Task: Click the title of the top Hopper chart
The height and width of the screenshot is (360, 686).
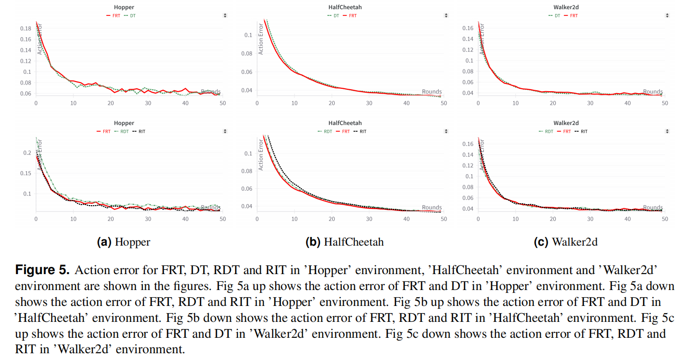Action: coord(124,7)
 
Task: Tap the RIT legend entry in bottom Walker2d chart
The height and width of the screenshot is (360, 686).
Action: coord(584,131)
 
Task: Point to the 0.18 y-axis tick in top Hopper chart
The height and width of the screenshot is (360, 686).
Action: coord(26,28)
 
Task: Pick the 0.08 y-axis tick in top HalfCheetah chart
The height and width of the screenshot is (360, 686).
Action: coord(248,53)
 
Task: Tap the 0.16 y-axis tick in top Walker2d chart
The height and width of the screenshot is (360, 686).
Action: coord(468,28)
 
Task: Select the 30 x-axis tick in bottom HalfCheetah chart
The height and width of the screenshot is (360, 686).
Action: coord(369,219)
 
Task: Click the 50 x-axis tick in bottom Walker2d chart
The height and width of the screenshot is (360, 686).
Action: coord(664,219)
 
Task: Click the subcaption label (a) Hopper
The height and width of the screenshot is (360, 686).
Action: coord(124,242)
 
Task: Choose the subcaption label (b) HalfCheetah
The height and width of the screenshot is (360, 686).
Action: coord(345,242)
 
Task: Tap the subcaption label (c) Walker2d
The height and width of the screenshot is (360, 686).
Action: coord(565,242)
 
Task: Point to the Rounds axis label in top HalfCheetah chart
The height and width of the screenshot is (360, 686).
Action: coord(432,92)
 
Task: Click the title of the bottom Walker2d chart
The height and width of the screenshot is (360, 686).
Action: coord(565,123)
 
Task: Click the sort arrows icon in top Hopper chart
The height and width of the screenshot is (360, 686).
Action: coord(225,15)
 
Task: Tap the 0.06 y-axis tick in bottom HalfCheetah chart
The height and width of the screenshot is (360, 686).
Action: coord(248,189)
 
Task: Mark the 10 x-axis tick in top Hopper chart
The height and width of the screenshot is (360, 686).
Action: coord(73,103)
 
